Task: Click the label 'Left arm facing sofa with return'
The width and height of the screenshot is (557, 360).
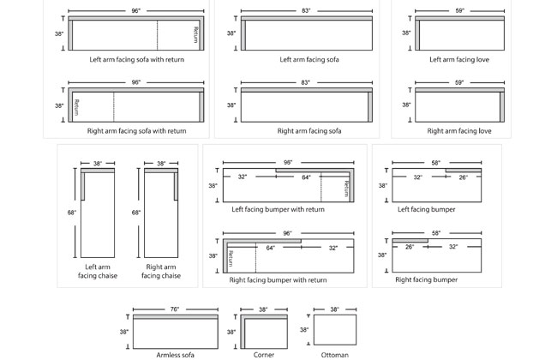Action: point(136,60)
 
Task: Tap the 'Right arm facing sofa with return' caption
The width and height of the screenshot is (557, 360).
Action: point(136,131)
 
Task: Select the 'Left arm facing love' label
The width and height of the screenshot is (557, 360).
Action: point(459,60)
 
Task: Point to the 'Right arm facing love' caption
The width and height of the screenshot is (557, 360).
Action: point(459,131)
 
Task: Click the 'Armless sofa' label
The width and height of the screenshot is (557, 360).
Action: point(175,353)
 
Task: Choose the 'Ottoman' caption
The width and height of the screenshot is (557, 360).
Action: point(335,353)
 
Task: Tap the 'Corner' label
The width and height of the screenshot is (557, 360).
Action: point(264,353)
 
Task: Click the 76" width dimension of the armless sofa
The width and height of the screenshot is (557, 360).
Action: point(175,309)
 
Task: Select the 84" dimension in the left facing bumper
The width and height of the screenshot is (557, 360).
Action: point(306,177)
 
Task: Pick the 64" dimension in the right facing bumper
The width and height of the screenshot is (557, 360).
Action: point(271,248)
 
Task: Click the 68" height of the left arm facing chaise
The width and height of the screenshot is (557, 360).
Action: point(72,212)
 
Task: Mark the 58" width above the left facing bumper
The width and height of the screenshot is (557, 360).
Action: point(436,162)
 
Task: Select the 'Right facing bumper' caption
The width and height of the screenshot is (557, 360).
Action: point(426,279)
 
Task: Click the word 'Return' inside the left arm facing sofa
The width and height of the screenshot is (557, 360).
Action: point(195,35)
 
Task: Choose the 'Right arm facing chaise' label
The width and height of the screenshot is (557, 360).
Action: point(161,271)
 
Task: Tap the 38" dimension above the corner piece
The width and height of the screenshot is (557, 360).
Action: point(263,309)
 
